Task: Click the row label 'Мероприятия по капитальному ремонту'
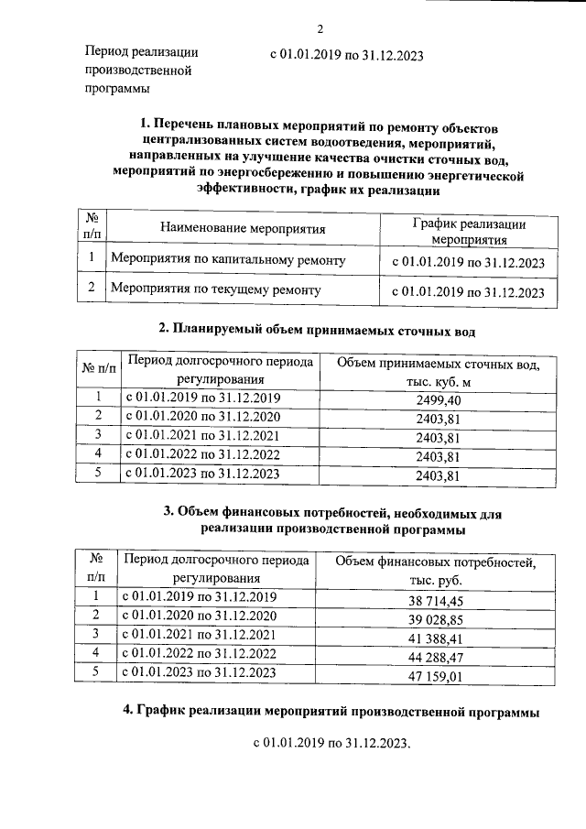click(228, 261)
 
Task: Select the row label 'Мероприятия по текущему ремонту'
click(216, 290)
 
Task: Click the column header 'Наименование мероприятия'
click(243, 227)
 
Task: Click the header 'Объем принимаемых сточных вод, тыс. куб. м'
click(438, 373)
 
